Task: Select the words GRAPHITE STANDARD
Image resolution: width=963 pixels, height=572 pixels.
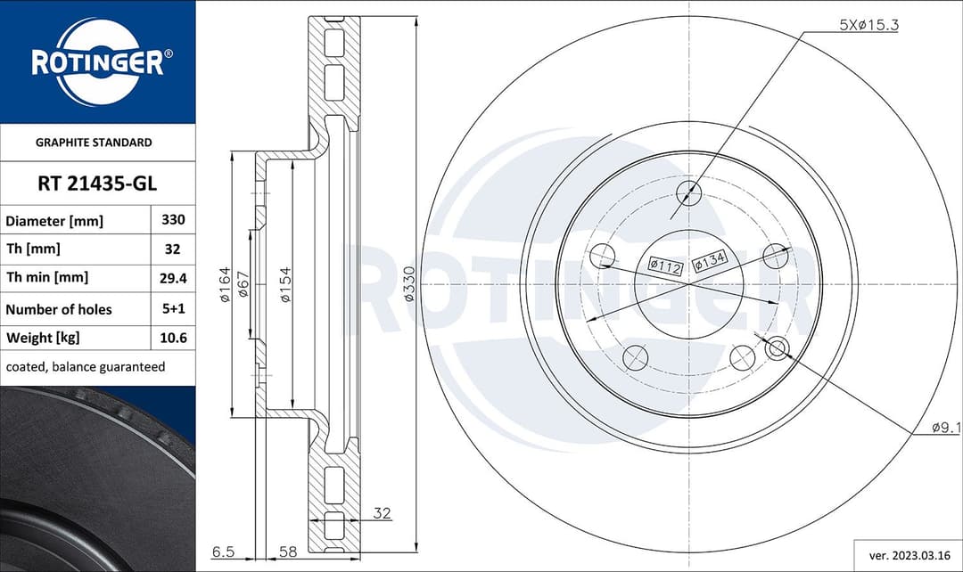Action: [94, 143]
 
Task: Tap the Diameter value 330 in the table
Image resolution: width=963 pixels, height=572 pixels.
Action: [172, 220]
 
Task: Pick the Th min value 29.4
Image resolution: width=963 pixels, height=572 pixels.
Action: [172, 278]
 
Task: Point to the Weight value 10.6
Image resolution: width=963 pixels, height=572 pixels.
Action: [172, 339]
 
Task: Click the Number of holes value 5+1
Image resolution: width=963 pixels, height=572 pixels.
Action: [172, 309]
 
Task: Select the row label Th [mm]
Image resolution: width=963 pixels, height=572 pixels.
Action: [33, 249]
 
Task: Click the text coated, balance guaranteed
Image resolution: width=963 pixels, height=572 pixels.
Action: [86, 367]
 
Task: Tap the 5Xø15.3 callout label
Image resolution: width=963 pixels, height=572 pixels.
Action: [868, 26]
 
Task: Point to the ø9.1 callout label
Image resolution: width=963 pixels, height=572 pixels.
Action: [946, 429]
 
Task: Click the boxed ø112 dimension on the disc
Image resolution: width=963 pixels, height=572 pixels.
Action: [664, 265]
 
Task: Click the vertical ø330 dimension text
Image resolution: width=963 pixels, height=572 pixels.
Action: [409, 283]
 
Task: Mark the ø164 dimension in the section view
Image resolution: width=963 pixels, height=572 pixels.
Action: [225, 284]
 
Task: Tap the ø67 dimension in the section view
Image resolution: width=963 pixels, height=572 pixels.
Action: [243, 284]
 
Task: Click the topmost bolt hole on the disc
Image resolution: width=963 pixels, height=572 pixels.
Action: [688, 192]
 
